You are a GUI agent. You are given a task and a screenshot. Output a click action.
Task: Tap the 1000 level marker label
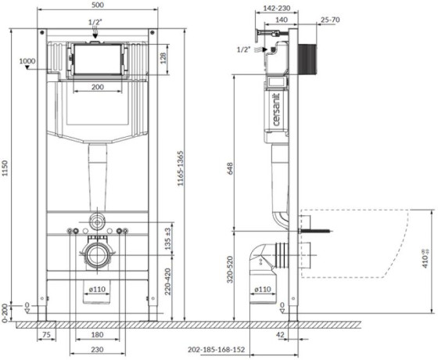(27, 60)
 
